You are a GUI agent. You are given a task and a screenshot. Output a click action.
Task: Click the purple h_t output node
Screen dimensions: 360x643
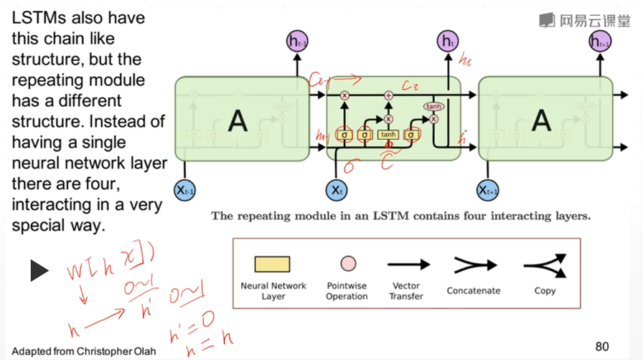(448, 41)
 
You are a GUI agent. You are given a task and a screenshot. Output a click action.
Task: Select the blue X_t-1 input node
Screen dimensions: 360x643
(185, 189)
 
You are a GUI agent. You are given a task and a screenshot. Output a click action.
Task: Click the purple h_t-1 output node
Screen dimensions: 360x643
(296, 41)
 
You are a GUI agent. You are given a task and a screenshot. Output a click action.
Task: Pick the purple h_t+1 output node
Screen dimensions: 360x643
(599, 41)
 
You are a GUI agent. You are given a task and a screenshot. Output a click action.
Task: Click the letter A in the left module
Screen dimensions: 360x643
(237, 120)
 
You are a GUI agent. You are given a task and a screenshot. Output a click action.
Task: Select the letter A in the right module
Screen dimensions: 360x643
(540, 120)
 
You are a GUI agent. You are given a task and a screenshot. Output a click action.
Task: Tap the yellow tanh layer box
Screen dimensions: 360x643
(388, 134)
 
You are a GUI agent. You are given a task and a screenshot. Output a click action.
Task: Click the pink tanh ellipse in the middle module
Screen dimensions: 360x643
(433, 106)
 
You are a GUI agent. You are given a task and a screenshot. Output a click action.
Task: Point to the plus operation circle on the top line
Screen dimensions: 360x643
(388, 95)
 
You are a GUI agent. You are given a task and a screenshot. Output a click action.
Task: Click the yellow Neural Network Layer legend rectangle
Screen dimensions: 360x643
(273, 264)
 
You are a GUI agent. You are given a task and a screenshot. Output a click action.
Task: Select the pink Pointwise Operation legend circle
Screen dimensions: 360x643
(347, 264)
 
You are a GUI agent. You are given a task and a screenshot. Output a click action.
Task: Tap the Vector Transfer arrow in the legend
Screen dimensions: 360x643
(408, 265)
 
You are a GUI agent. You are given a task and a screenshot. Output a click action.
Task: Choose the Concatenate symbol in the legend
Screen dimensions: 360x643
(474, 265)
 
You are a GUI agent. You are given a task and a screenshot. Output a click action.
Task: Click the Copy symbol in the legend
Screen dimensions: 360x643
(545, 265)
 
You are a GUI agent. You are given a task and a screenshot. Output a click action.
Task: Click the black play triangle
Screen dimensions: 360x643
(39, 270)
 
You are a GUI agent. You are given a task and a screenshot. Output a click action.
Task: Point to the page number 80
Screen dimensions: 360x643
(602, 346)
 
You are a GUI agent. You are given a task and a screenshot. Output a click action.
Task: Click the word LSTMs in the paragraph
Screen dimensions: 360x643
(39, 17)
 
